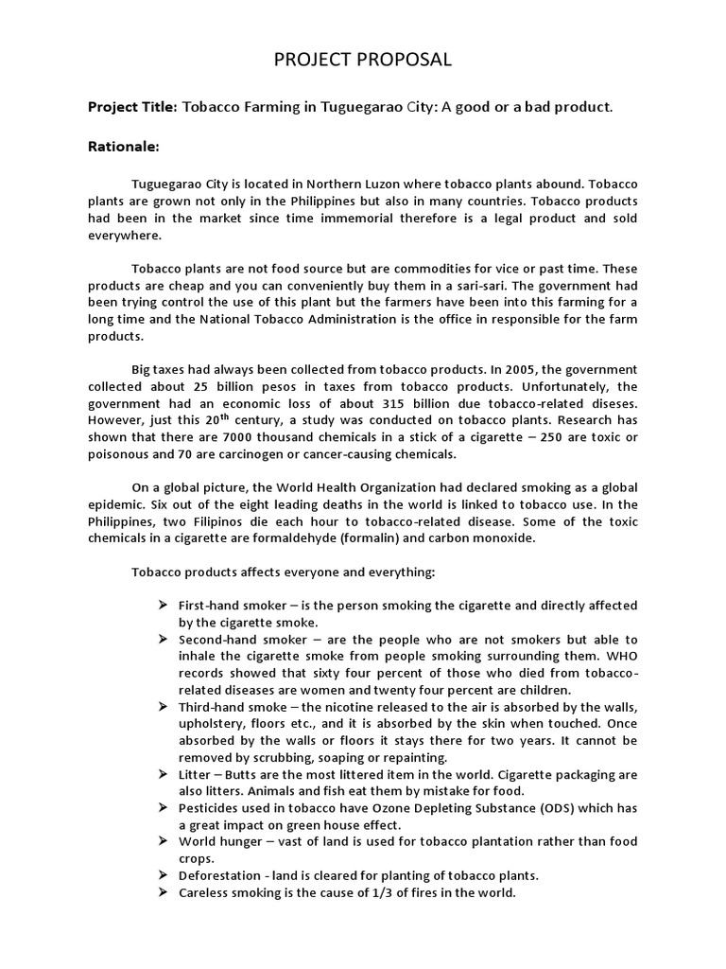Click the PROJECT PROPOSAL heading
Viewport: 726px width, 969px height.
363,61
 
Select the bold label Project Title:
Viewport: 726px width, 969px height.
132,107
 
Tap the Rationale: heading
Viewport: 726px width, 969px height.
124,147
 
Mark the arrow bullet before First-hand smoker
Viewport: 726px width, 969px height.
162,605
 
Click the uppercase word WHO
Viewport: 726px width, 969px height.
622,655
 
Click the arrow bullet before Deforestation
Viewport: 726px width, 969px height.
162,875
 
